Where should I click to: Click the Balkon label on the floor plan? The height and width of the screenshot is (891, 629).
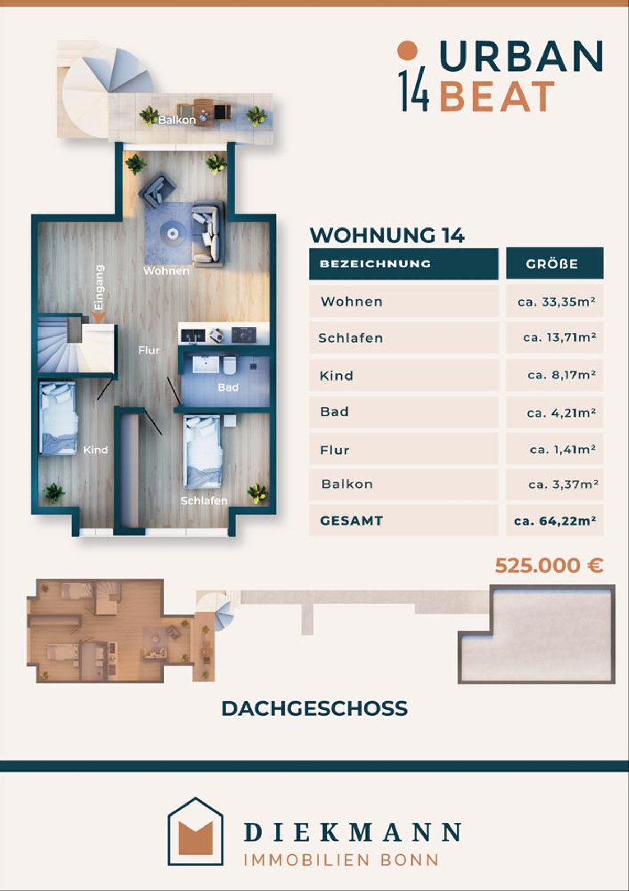pos(177,120)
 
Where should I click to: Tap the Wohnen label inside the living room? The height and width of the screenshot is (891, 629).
pos(166,271)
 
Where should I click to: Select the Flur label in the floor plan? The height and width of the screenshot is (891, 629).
pos(149,351)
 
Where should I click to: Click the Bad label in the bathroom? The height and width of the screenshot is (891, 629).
pos(228,387)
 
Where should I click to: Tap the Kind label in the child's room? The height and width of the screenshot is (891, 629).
pos(95,450)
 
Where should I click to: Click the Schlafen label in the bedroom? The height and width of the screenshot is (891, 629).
pos(204,501)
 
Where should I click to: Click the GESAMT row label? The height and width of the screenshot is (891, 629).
pos(351,520)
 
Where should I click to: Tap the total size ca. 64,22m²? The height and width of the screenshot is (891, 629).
pos(555,520)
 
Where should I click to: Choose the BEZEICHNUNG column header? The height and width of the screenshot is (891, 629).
pos(375,264)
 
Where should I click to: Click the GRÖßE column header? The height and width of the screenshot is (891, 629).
pos(552,264)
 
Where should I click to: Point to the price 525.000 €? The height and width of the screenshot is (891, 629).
pos(549,565)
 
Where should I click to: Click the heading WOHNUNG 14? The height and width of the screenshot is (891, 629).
pos(387,235)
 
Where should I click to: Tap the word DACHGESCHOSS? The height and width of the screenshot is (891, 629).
pos(314,709)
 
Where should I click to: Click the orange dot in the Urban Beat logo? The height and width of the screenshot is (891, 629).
pos(407,51)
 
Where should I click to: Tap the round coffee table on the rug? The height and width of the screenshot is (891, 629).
pos(172,233)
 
